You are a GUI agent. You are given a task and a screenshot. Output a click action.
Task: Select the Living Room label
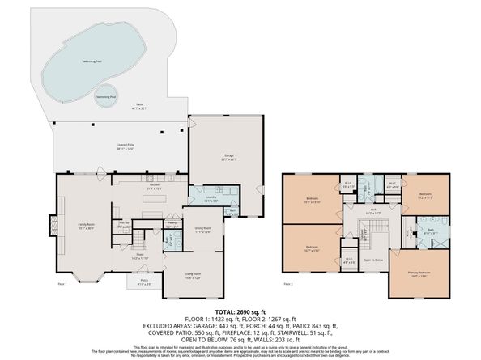(192, 277)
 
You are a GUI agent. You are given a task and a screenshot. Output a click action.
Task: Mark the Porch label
(143, 283)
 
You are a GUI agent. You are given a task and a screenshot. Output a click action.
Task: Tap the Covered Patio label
(124, 146)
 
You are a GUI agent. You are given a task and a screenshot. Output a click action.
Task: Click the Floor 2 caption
(288, 285)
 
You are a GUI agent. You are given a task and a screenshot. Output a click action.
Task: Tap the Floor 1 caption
(62, 285)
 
